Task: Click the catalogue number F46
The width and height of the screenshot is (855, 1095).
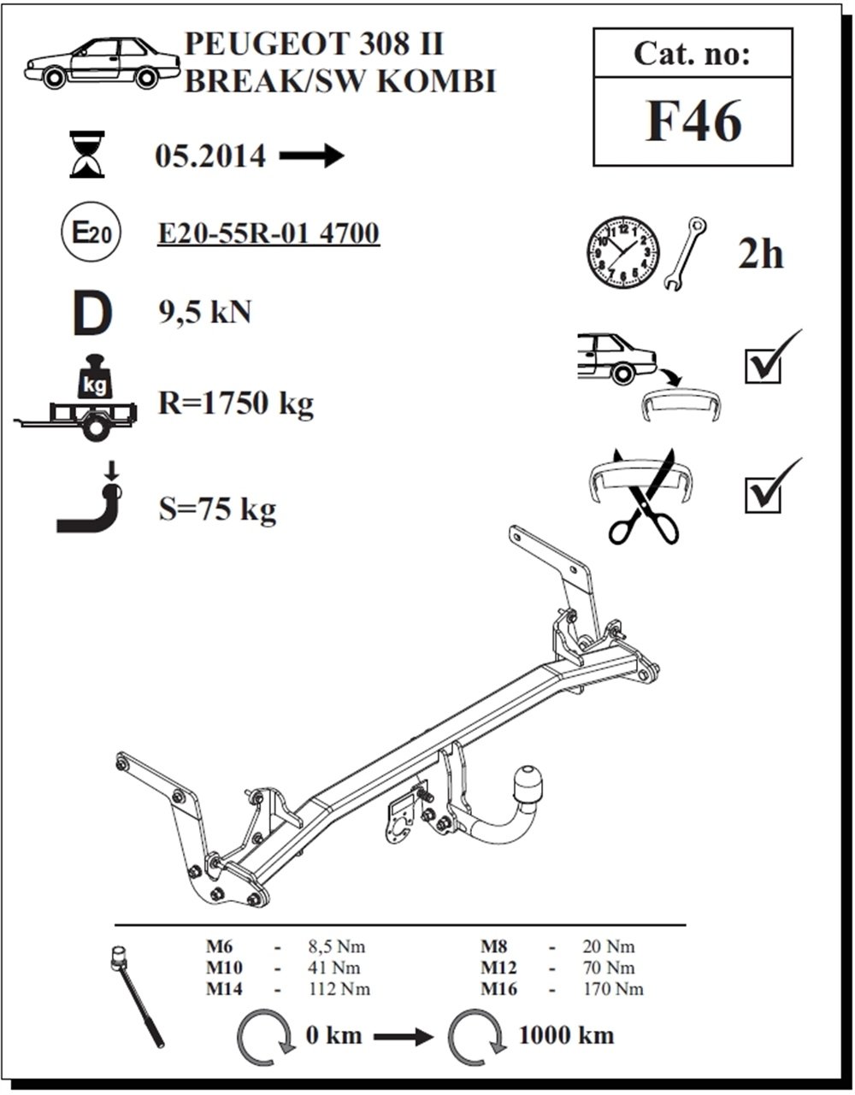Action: (x=693, y=121)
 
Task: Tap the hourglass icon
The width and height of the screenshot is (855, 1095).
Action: (x=87, y=154)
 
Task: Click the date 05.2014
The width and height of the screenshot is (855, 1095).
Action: (x=210, y=156)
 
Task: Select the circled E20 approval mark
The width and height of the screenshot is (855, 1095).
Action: (x=91, y=233)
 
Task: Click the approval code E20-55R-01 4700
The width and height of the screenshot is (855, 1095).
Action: (x=268, y=233)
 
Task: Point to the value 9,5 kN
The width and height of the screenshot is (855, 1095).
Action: (x=205, y=312)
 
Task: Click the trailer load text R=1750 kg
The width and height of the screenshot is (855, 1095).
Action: (x=236, y=404)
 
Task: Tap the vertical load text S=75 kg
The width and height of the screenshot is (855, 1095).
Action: (x=218, y=510)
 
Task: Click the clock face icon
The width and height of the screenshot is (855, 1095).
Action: (x=623, y=253)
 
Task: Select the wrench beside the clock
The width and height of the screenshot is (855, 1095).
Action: (x=685, y=254)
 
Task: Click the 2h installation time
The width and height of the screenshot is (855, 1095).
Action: (x=760, y=255)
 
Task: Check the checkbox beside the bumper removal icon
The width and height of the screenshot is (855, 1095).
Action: (x=763, y=367)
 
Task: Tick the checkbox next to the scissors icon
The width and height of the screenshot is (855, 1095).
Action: (x=763, y=495)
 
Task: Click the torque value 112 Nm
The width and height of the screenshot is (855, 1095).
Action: (x=339, y=989)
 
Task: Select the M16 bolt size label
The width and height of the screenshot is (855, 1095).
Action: (x=498, y=989)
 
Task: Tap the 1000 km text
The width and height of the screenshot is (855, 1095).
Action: (x=567, y=1035)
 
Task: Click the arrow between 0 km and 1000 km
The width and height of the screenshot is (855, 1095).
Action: (x=403, y=1037)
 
